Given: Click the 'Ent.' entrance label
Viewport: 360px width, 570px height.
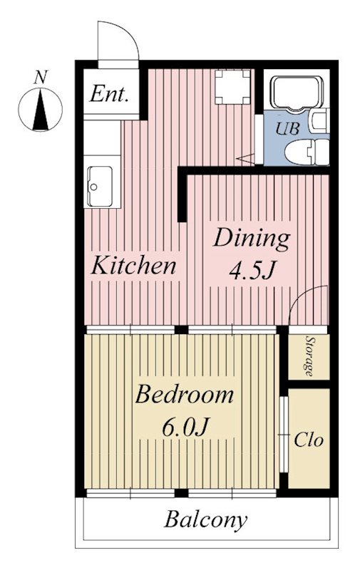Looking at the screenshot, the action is [109, 94].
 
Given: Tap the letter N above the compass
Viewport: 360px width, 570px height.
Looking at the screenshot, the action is [41, 78].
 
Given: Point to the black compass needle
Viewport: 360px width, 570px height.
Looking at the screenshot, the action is [41, 111].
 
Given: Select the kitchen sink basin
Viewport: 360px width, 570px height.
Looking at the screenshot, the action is [100, 186].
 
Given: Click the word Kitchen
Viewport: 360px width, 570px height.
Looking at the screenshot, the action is [133, 265].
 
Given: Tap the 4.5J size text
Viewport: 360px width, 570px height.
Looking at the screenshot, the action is [251, 271].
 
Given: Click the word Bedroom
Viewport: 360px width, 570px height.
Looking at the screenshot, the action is [185, 395].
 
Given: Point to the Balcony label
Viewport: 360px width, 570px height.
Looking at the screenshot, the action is [206, 521].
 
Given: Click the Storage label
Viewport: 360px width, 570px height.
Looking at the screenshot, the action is [309, 356].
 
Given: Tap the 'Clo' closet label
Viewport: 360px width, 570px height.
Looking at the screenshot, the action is [309, 440].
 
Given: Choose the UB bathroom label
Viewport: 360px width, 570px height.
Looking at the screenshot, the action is [287, 128].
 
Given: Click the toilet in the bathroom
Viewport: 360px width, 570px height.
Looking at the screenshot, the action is [307, 152].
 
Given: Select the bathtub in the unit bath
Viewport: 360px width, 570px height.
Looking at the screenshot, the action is [297, 93].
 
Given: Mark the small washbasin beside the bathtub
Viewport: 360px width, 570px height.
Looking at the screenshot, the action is [319, 121].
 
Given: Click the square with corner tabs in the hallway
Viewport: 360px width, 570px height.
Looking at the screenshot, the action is [232, 87].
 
